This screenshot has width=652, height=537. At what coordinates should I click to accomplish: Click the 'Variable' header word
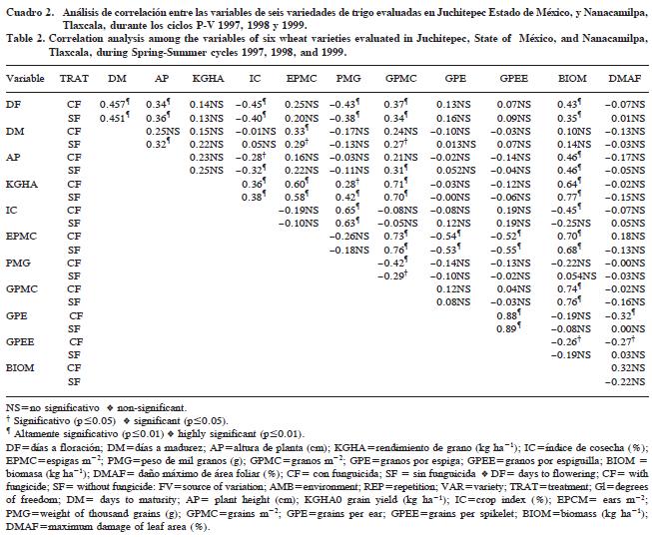24,77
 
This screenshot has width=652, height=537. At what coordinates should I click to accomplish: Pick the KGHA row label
20,183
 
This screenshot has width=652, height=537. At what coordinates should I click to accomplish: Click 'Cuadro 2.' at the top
25,9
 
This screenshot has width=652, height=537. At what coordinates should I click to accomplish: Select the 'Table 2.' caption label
22,35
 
